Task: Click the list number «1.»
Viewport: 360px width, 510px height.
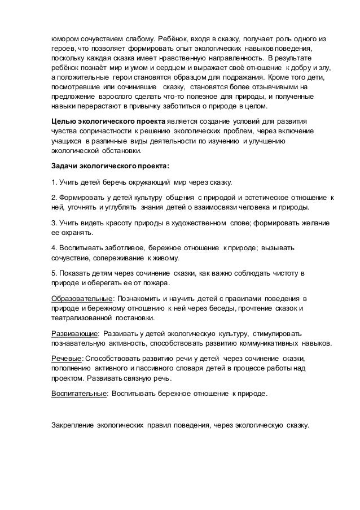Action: pyautogui.click(x=54, y=182)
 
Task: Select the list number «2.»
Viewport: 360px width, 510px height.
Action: pyautogui.click(x=54, y=198)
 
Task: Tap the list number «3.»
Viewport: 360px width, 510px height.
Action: pyautogui.click(x=54, y=223)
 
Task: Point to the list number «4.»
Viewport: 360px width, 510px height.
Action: pyautogui.click(x=54, y=248)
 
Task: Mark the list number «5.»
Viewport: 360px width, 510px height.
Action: pyautogui.click(x=54, y=273)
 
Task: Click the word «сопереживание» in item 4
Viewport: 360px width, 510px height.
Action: pyautogui.click(x=120, y=258)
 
